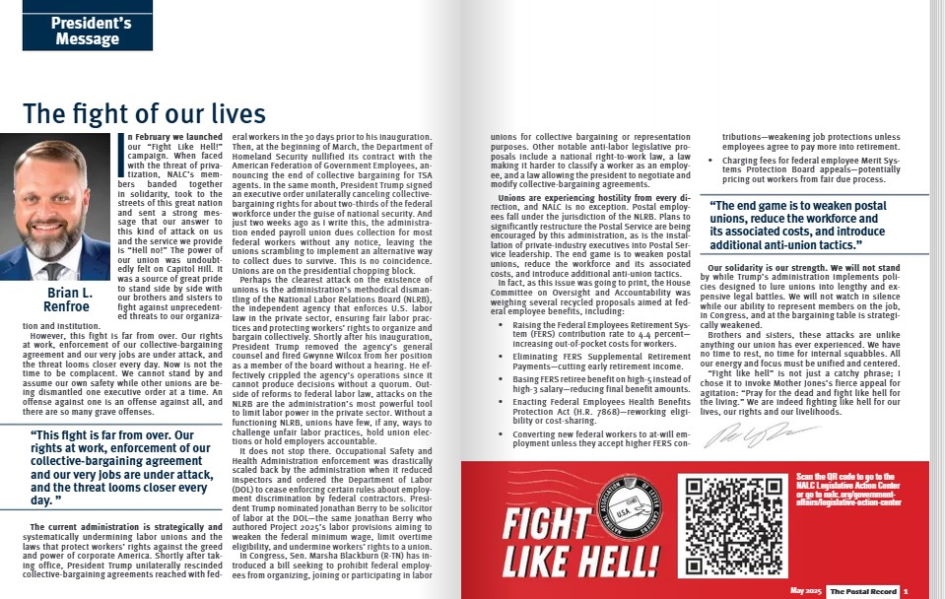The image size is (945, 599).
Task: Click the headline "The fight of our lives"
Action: coord(144,113)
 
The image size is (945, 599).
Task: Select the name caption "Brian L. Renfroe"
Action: coord(68,299)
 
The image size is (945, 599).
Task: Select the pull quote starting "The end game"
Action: coord(813,225)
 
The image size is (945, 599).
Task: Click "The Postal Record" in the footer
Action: coord(861,590)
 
